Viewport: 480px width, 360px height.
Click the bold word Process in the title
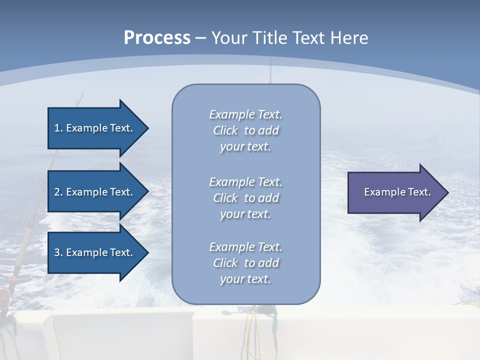(x=157, y=38)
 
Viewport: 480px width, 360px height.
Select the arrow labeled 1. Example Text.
(x=95, y=128)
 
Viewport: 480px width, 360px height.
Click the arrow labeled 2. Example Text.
(x=95, y=192)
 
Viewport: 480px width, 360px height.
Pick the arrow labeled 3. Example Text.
(x=95, y=252)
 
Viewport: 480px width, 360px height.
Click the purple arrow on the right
(x=395, y=192)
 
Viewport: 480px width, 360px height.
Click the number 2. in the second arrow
(x=58, y=192)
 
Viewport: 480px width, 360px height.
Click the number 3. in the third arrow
(x=58, y=252)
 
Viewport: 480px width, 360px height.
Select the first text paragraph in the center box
(x=245, y=130)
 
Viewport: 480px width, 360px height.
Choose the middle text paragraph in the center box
(x=245, y=198)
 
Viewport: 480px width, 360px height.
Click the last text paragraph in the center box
(x=245, y=263)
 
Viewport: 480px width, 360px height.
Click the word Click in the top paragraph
(x=225, y=130)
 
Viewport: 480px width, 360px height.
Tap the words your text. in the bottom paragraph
(x=245, y=279)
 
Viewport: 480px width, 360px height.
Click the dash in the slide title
(x=200, y=38)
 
